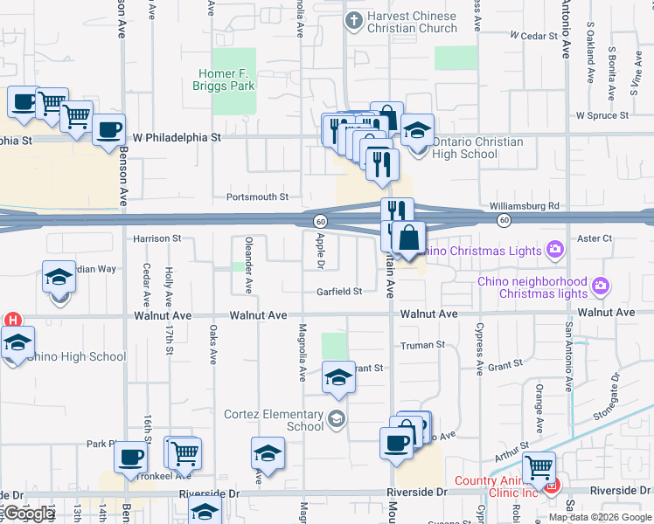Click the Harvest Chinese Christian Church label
412,22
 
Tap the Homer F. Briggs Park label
225,80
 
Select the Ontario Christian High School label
477,148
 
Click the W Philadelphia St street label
177,138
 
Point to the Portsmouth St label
257,197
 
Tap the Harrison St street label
157,238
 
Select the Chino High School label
77,356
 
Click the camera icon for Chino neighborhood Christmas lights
600,285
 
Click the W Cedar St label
532,36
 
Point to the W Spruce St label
602,115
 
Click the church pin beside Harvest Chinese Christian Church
354,21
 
